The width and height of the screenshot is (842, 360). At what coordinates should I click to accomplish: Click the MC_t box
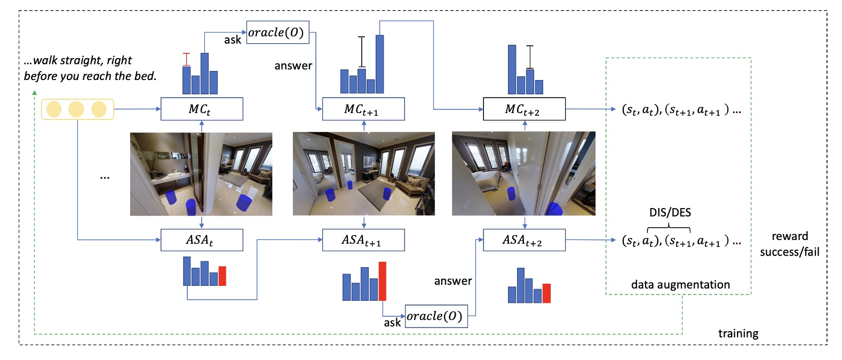(x=202, y=109)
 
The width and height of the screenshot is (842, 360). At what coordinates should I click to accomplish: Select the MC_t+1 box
(x=363, y=109)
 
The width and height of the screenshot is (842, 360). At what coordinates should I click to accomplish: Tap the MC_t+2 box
(x=524, y=109)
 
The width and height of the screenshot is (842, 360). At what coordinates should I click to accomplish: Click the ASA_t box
(x=202, y=240)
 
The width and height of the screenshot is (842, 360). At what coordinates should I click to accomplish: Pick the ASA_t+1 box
(x=363, y=240)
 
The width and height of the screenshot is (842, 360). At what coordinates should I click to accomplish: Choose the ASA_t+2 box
(x=524, y=240)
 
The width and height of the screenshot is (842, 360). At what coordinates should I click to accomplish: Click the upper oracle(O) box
(x=277, y=33)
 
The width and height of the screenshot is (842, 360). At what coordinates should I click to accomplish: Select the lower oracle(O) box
(x=436, y=316)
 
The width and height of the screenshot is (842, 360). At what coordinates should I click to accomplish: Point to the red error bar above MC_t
(x=186, y=59)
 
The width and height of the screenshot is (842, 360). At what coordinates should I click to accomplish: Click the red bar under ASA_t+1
(x=382, y=281)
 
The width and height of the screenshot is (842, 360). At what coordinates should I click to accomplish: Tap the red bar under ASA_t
(x=223, y=276)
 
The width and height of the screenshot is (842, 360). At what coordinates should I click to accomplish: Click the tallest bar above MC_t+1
(x=379, y=64)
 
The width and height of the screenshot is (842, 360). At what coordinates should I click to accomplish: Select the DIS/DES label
(x=670, y=212)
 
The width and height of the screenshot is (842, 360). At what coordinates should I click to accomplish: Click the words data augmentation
(x=680, y=284)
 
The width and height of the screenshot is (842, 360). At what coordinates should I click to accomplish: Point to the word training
(x=738, y=333)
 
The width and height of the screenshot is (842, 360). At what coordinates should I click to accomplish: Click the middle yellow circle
(x=76, y=109)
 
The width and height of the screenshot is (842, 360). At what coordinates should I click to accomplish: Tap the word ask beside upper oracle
(x=233, y=40)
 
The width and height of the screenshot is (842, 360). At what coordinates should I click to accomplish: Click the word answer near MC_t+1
(x=293, y=66)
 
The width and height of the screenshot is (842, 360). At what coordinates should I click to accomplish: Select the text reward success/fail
(x=789, y=244)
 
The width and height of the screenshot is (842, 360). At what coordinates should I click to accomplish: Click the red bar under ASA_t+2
(x=546, y=293)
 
